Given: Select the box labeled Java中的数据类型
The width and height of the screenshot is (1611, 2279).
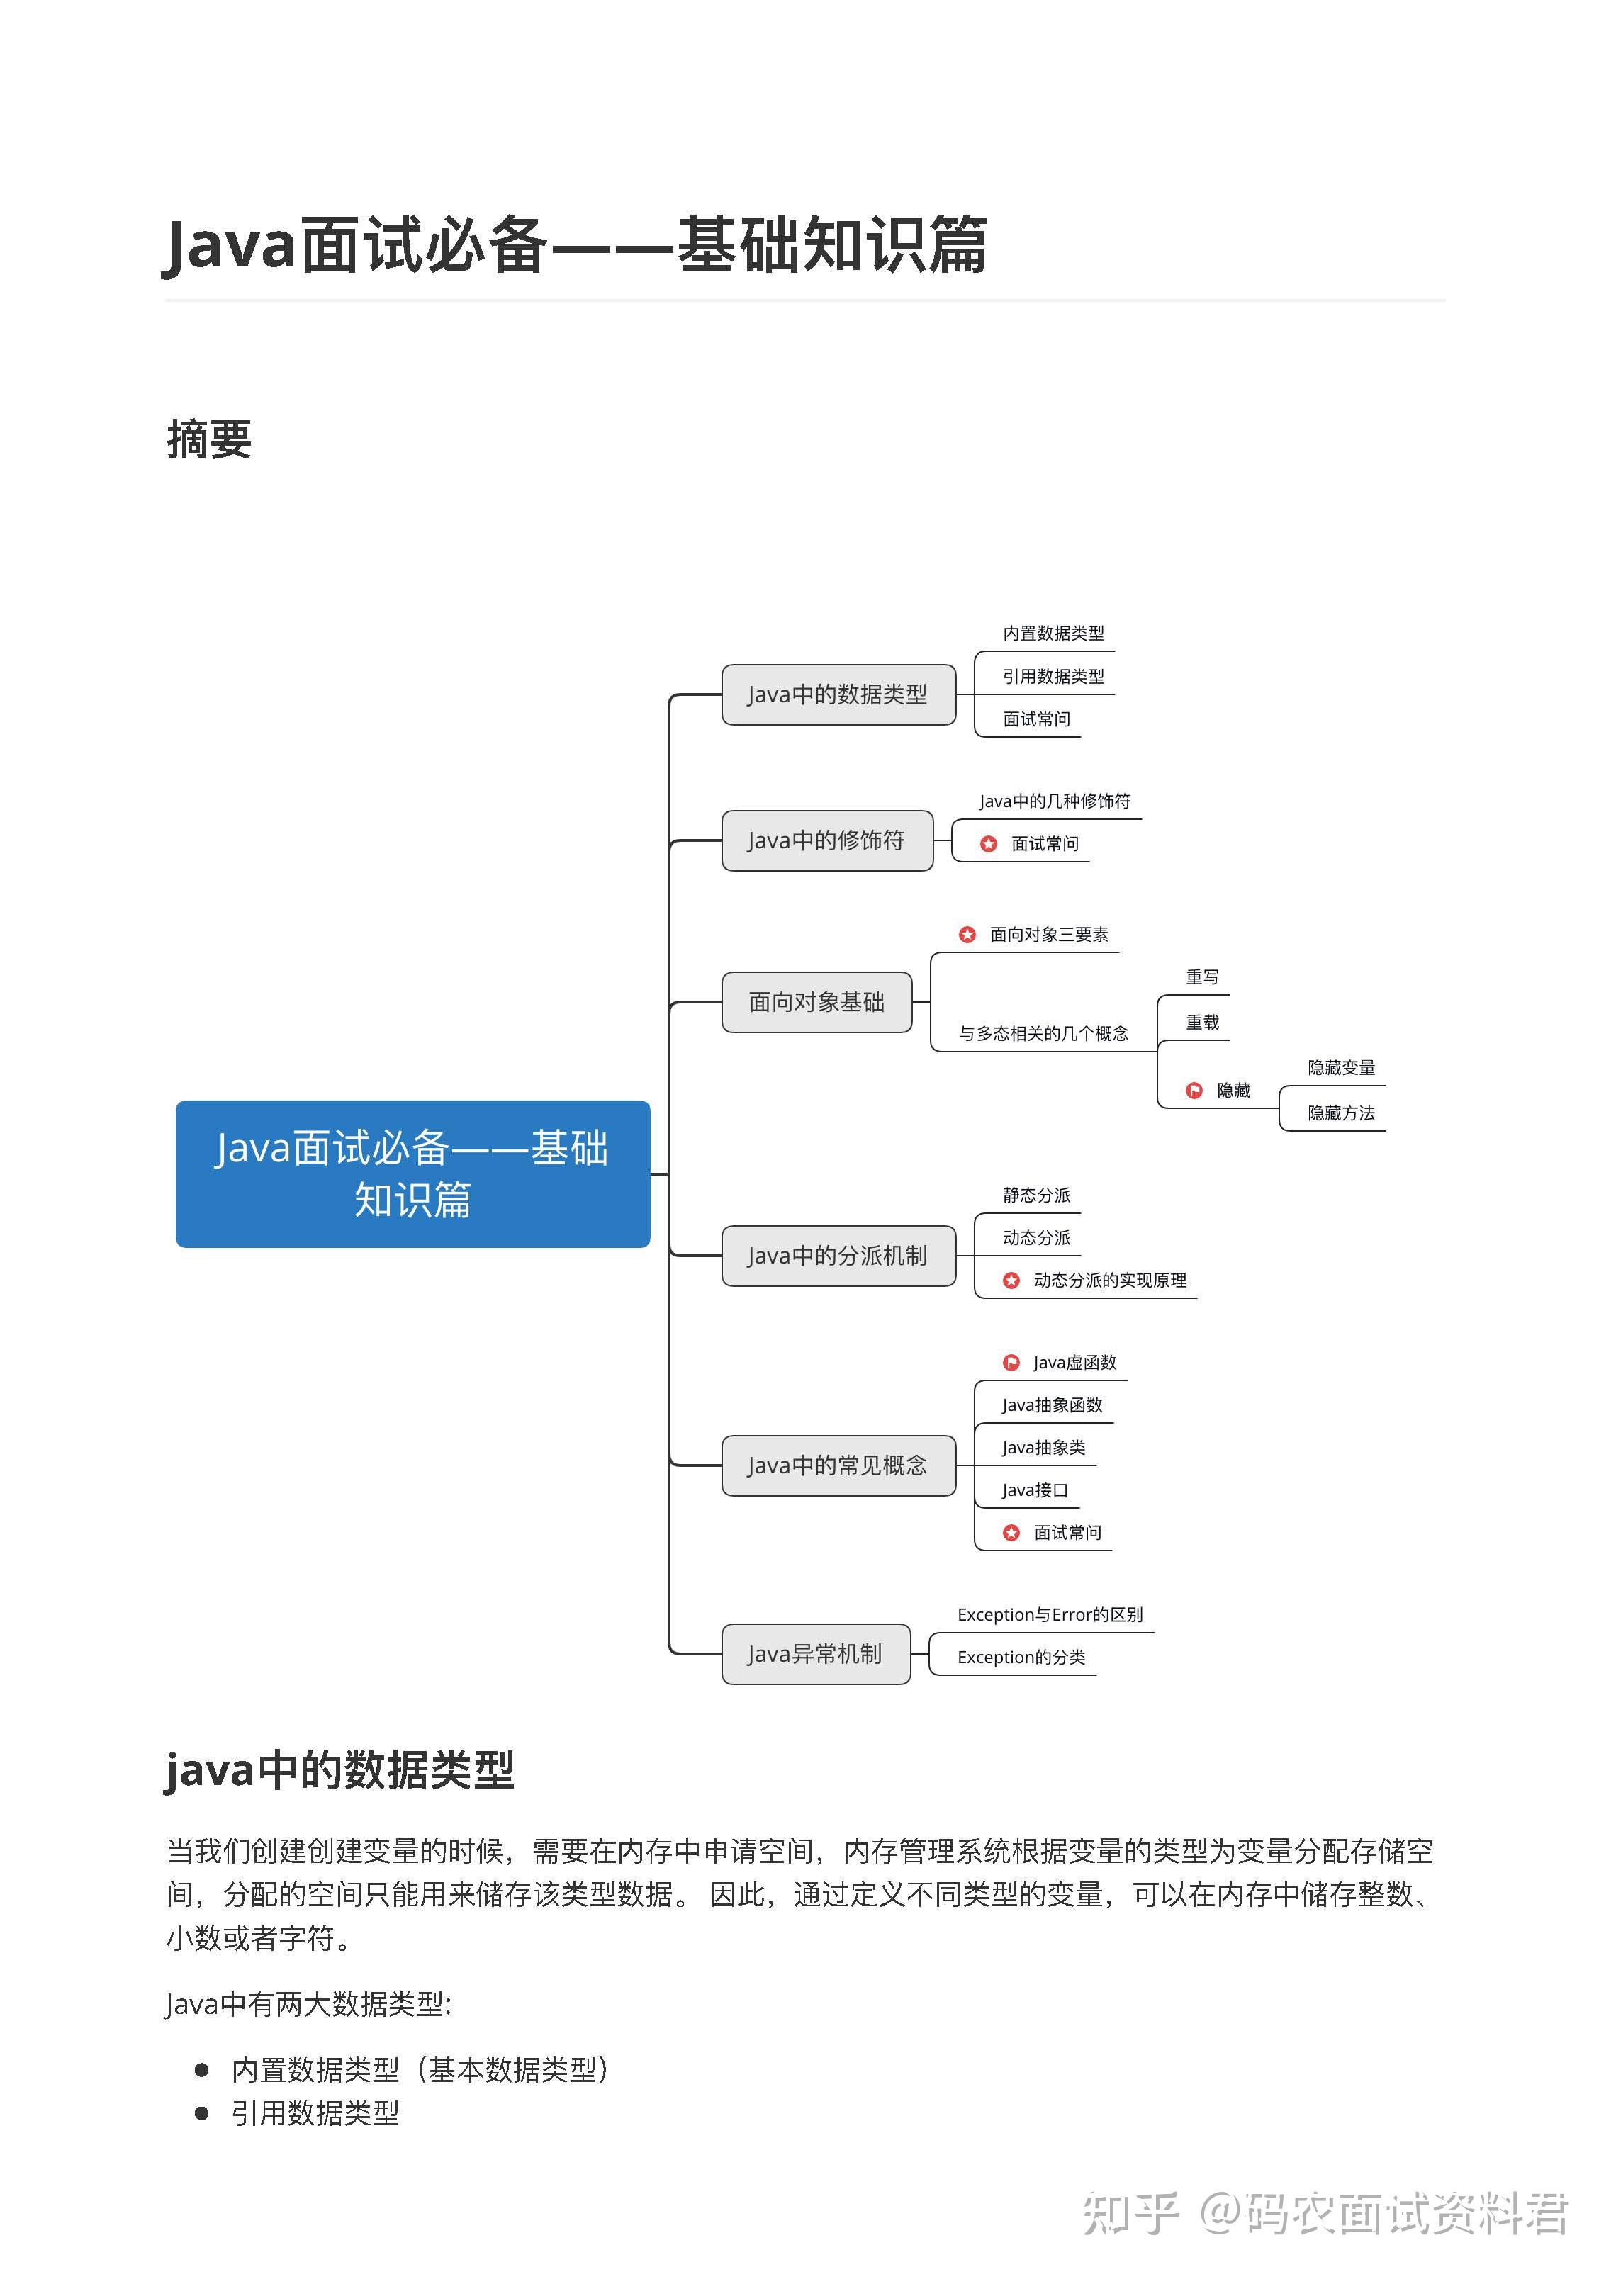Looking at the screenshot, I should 838,694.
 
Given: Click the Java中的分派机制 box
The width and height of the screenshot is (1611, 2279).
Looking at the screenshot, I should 838,1256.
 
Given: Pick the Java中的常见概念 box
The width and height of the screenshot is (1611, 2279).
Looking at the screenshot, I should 838,1465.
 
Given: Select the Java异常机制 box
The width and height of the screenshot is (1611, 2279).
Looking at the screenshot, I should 815,1654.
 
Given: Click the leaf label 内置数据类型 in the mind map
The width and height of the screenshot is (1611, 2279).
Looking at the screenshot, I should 1053,634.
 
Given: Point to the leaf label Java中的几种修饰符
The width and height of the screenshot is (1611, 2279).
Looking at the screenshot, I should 1054,801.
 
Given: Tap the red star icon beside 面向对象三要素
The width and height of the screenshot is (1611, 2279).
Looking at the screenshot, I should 967,934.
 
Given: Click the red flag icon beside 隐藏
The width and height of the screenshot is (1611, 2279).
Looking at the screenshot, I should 1194,1091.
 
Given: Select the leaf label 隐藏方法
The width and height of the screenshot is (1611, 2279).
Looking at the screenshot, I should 1341,1113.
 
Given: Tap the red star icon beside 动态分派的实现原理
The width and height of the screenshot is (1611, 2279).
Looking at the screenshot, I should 1011,1281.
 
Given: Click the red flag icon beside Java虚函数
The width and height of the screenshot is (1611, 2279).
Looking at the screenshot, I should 1011,1363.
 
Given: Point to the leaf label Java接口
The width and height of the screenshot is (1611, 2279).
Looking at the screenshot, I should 1034,1490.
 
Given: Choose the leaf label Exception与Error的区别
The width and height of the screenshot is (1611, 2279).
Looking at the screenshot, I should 1049,1615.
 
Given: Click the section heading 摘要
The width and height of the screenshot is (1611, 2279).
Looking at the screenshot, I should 210,440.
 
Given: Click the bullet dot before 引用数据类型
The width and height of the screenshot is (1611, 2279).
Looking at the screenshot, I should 203,2113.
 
